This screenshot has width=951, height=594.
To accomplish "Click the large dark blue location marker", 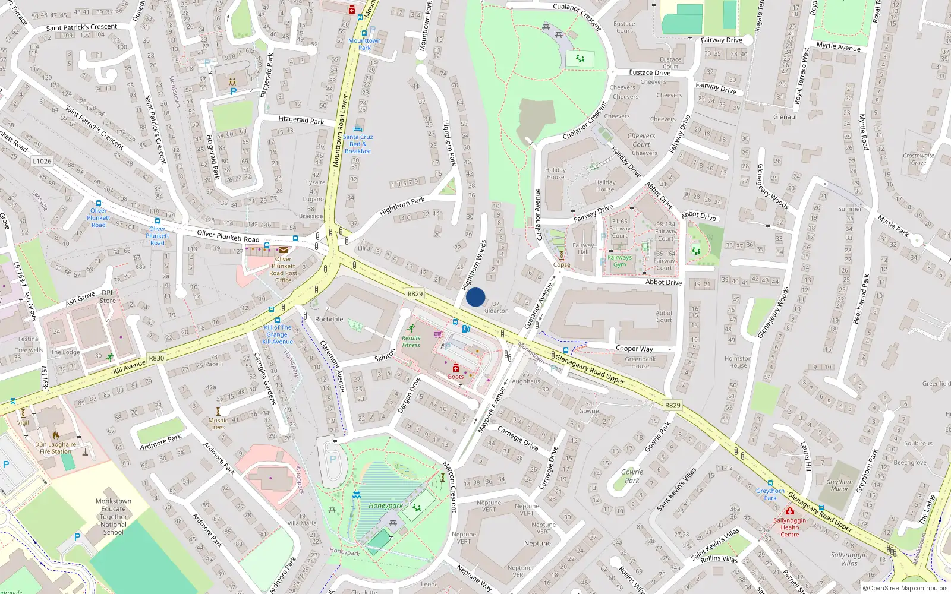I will [475, 297].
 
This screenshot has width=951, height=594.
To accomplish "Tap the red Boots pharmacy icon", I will [456, 368].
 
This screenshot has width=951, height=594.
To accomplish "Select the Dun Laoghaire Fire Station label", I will [55, 448].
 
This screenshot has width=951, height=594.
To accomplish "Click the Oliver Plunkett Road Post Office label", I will [284, 270].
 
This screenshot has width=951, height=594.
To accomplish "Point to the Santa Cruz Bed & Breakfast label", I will [358, 144].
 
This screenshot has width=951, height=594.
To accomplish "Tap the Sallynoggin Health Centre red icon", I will [789, 511].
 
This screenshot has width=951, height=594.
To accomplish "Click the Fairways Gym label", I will [619, 261].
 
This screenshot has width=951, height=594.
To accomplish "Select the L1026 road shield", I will [42, 161].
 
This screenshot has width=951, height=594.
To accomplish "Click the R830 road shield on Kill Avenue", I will [156, 358].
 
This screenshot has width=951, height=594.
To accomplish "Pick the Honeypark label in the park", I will [386, 506].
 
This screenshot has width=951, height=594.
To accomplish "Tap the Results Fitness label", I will [411, 342].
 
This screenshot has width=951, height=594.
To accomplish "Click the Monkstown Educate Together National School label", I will [113, 516].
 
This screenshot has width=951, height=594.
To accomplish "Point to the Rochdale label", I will [329, 319].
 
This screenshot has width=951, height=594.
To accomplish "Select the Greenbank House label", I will [640, 362].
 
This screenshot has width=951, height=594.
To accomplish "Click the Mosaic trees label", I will [218, 424].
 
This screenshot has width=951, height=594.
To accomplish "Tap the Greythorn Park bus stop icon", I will [770, 484].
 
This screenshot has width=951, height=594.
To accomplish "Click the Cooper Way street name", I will [634, 349].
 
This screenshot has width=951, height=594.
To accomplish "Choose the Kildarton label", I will [496, 311].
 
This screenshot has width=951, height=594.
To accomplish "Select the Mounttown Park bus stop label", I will [364, 44].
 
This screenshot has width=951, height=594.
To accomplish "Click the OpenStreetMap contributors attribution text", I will [908, 588].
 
